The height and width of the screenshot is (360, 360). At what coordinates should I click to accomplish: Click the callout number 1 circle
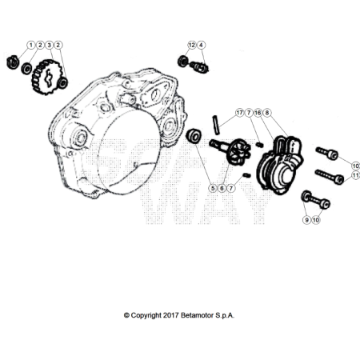tap(31, 45)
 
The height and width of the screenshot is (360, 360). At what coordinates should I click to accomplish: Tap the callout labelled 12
tap(192, 45)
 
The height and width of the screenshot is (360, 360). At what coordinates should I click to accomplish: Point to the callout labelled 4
tap(201, 45)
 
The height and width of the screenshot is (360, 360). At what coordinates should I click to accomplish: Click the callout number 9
tap(306, 218)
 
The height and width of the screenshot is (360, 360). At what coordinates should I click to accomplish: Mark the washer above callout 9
tap(306, 196)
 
